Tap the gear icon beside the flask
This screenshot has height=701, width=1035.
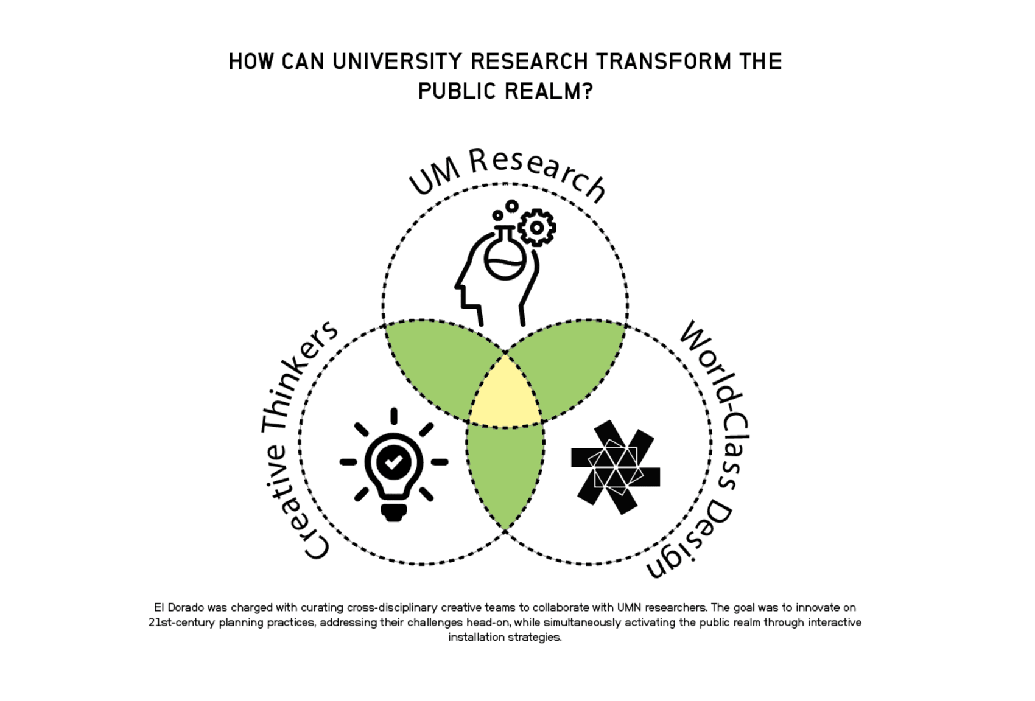pyautogui.click(x=536, y=227)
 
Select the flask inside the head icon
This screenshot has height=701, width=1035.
pyautogui.click(x=505, y=253)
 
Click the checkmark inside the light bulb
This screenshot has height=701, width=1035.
pyautogui.click(x=394, y=461)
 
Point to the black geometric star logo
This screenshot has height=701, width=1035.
pyautogui.click(x=616, y=467)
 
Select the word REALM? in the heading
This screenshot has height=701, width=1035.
pyautogui.click(x=549, y=91)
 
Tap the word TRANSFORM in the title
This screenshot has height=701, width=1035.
pyautogui.click(x=664, y=62)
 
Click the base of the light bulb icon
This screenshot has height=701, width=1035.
pyautogui.click(x=394, y=512)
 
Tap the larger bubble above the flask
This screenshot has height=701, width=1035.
pyautogui.click(x=511, y=206)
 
